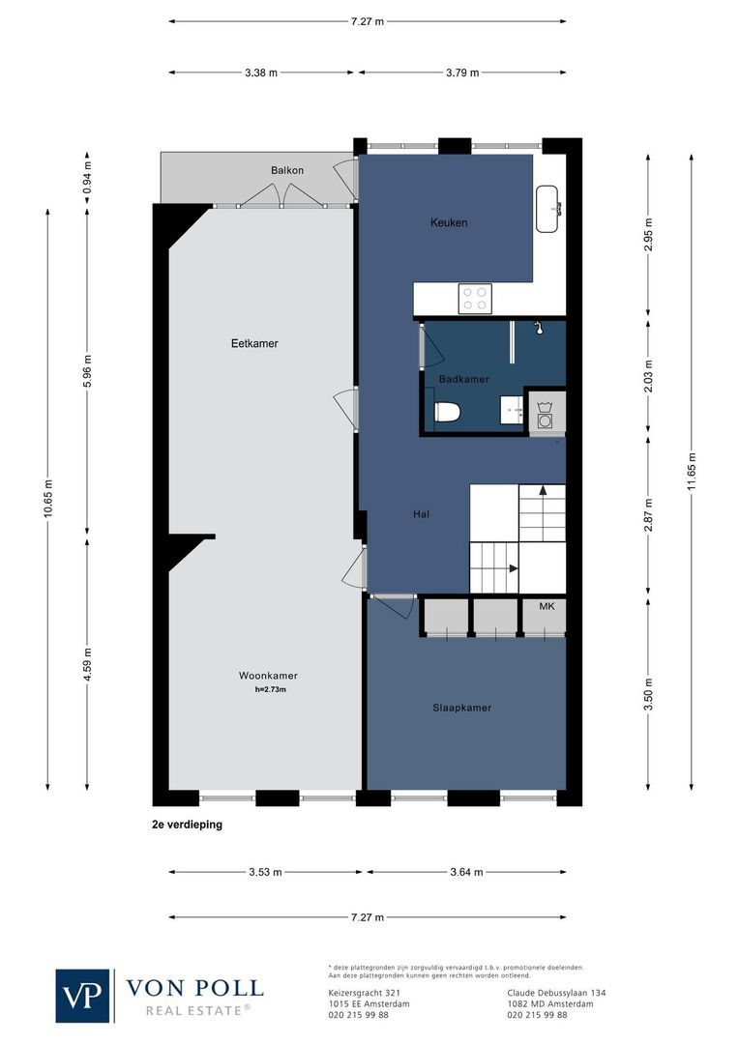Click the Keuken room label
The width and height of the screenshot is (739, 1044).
(449, 223)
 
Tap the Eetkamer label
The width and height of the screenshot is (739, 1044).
(254, 343)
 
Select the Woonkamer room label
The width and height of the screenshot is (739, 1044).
(268, 676)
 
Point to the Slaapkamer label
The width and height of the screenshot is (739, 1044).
(461, 708)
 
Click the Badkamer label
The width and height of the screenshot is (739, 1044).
(463, 380)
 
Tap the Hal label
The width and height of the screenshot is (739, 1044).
(421, 514)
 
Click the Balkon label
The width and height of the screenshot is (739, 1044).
(287, 170)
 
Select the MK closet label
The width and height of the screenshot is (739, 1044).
(547, 606)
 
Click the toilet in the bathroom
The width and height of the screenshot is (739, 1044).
(447, 413)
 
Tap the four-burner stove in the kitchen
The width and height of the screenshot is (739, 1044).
(475, 298)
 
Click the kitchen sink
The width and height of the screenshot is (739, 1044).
(549, 209)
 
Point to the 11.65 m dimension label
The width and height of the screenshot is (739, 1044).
(692, 474)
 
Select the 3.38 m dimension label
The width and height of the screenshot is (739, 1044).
(260, 72)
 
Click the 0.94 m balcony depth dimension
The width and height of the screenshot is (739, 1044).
(87, 177)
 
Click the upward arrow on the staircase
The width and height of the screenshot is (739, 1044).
(543, 491)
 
